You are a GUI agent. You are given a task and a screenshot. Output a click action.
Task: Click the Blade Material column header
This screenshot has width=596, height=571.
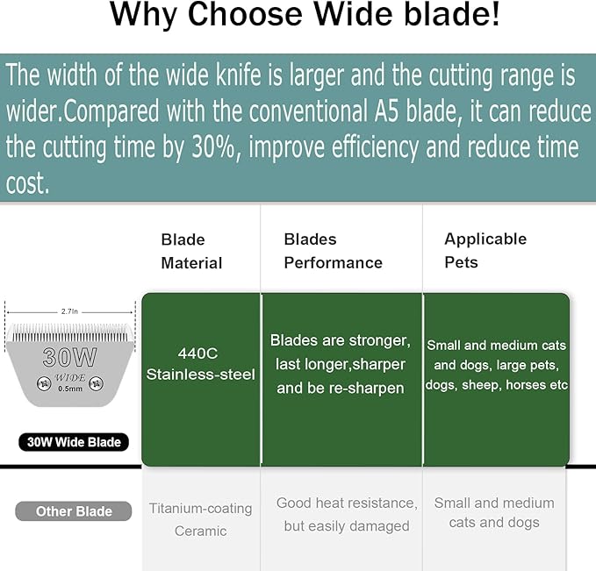191,251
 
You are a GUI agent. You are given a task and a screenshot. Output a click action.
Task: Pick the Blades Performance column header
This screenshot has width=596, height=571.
333,251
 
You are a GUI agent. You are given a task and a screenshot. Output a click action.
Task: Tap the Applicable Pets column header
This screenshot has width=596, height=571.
485,250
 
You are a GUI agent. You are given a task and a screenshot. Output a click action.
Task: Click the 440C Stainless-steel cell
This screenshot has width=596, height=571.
201,363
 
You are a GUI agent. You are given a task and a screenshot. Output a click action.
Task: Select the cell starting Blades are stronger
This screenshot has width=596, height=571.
341,363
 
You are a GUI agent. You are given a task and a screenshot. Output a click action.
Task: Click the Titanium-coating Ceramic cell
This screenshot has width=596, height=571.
200,519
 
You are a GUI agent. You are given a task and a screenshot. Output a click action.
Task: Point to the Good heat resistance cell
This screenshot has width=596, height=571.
346,514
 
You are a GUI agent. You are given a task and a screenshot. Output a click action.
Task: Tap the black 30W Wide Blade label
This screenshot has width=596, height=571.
74,442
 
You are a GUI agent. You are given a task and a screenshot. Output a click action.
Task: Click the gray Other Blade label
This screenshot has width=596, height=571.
73,511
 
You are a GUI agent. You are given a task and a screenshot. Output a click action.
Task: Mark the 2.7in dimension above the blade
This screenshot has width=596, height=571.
70,311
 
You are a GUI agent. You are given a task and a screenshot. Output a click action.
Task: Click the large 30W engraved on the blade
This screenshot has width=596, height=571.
70,357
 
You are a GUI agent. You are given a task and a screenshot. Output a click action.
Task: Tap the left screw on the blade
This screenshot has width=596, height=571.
40,382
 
